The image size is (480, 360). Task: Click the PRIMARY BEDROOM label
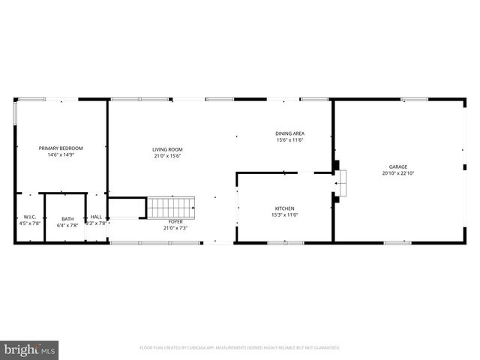(x=61, y=148)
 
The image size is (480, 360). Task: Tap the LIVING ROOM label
(x=167, y=148)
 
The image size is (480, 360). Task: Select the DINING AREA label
(x=289, y=133)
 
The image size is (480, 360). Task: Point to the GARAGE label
(x=397, y=166)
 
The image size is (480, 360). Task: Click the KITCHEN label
(x=284, y=208)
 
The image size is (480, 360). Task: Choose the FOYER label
(x=175, y=222)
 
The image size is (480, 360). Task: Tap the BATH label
(x=67, y=219)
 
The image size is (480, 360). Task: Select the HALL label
(x=96, y=217)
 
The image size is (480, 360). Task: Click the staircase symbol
(x=170, y=207)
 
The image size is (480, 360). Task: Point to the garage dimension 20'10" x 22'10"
(x=397, y=173)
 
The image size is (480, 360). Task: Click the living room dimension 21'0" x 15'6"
(x=167, y=156)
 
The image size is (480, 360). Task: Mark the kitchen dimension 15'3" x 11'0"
(x=284, y=215)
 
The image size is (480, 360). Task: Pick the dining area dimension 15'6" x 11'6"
(x=289, y=140)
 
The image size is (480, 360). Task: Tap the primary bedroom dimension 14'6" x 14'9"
(x=61, y=156)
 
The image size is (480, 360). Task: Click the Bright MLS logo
(x=30, y=349)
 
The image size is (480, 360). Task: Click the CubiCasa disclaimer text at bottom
(x=240, y=348)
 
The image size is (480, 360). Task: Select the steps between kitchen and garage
(x=342, y=182)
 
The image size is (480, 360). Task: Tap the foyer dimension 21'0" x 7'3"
(x=175, y=228)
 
